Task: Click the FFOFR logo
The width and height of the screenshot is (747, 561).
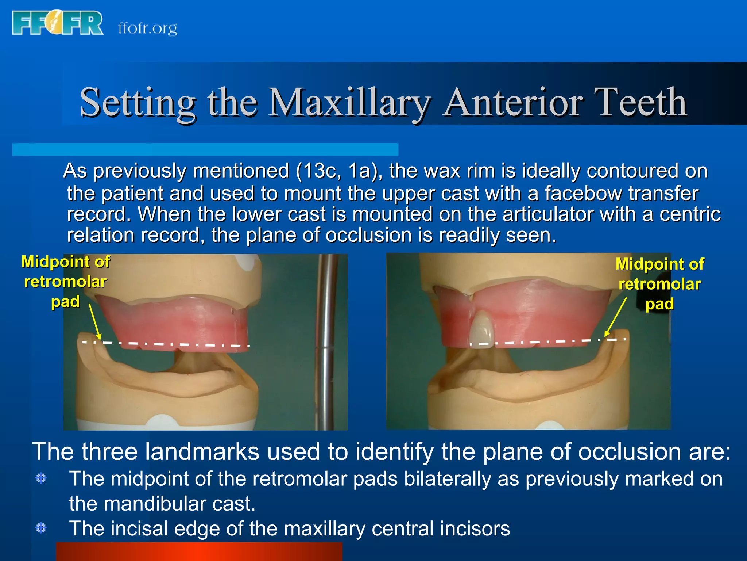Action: (x=58, y=23)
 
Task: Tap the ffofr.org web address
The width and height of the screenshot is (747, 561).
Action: (x=148, y=28)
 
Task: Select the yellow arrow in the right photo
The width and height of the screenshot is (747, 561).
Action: (x=616, y=316)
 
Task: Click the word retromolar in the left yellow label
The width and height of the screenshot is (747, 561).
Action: (x=65, y=282)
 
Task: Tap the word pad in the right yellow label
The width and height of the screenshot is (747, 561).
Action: (x=659, y=304)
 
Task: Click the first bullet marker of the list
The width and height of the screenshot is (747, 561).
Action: (x=41, y=478)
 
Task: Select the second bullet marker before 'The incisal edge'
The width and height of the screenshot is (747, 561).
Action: (x=41, y=528)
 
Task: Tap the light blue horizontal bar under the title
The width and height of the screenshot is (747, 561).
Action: (x=205, y=149)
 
